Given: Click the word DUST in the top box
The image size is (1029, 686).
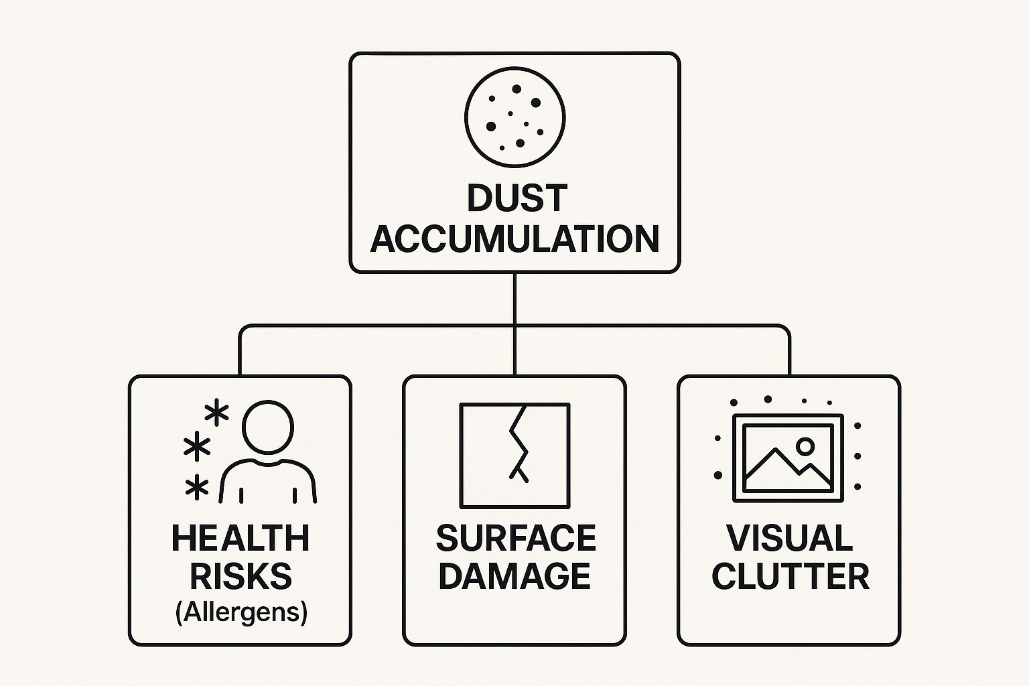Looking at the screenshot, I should tap(517, 198).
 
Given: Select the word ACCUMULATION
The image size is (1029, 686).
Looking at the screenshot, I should tap(514, 239).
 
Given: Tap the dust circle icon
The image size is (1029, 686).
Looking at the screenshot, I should tap(514, 117).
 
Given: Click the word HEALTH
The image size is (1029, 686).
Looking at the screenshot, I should tap(241, 539).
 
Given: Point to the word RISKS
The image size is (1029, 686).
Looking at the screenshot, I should tap(241, 576).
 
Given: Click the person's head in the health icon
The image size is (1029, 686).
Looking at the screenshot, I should tap(268, 427).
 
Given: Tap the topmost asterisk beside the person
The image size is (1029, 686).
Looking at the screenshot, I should tap(216, 413).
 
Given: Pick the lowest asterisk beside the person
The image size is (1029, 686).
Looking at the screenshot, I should tap(197, 488).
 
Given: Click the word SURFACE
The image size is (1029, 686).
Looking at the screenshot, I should tap(515, 539).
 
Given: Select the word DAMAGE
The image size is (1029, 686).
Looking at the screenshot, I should tap(514, 576).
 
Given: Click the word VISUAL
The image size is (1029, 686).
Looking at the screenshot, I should tap(789, 539).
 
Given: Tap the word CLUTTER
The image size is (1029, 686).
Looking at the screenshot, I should tap(790, 576).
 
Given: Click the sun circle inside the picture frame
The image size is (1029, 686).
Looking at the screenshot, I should tap(805, 445).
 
